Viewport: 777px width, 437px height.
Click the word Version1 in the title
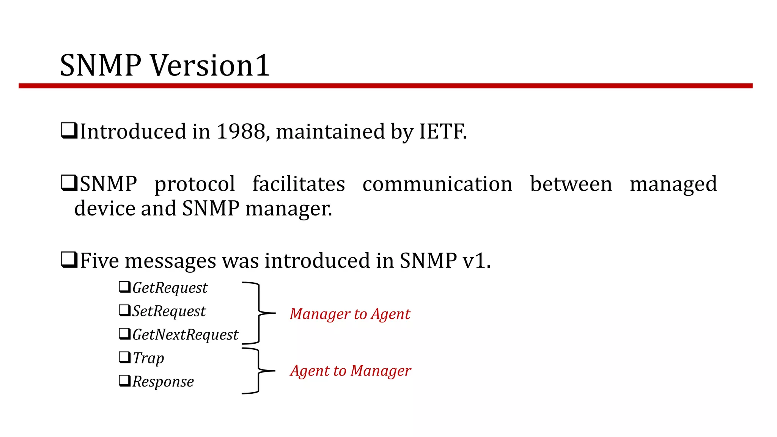pyautogui.click(x=211, y=66)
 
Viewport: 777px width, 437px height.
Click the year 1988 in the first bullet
pyautogui.click(x=241, y=132)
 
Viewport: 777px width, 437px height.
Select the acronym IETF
pyautogui.click(x=442, y=132)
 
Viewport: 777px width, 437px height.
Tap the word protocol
pyautogui.click(x=195, y=184)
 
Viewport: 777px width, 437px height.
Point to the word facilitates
pyautogui.click(x=299, y=184)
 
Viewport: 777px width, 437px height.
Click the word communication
pyautogui.click(x=437, y=184)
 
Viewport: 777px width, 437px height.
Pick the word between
pyautogui.click(x=571, y=184)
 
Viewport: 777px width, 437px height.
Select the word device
pyautogui.click(x=105, y=209)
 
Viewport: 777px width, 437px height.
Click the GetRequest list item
pyautogui.click(x=170, y=288)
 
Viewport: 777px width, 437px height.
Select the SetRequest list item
pyautogui.click(x=169, y=311)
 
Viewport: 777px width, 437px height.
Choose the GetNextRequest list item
pyautogui.click(x=185, y=335)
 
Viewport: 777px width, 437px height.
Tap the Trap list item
pyautogui.click(x=148, y=358)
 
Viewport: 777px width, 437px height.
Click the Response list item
pyautogui.click(x=163, y=382)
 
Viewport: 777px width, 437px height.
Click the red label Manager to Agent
pyautogui.click(x=350, y=314)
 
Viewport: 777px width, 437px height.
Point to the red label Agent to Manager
pyautogui.click(x=351, y=371)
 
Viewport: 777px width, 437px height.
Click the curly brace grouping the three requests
pyautogui.click(x=259, y=313)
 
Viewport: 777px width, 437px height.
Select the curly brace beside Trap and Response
pyautogui.click(x=259, y=371)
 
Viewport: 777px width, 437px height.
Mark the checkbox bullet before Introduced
pyautogui.click(x=69, y=131)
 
